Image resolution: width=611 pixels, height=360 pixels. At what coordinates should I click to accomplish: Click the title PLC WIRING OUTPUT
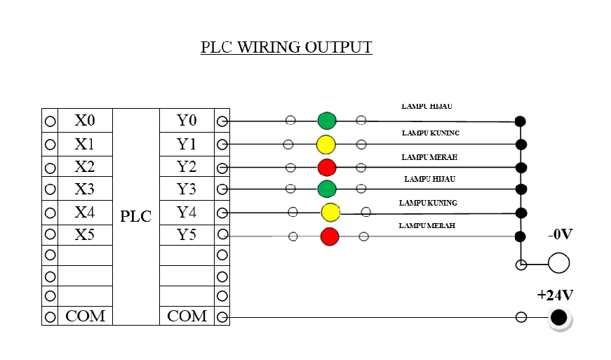(x=286, y=47)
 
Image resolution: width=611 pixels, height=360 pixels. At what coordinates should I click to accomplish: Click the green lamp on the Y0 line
(x=327, y=121)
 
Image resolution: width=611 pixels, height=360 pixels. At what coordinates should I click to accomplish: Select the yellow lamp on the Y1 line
(x=325, y=145)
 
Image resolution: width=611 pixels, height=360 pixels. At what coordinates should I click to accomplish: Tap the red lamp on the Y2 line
(x=327, y=168)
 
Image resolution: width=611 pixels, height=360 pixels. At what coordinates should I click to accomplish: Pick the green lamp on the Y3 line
(x=327, y=189)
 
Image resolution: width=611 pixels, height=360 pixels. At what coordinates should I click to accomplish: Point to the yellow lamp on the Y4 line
(x=330, y=212)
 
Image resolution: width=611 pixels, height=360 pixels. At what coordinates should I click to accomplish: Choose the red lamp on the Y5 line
(x=330, y=236)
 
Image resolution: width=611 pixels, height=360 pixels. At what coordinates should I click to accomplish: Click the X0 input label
(x=84, y=121)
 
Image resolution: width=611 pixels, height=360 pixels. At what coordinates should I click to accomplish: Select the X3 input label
(x=84, y=189)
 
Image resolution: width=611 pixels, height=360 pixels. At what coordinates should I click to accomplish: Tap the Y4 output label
(x=187, y=212)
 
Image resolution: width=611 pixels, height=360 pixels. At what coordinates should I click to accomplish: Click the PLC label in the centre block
(x=135, y=216)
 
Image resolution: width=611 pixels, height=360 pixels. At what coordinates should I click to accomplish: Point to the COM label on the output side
(x=187, y=316)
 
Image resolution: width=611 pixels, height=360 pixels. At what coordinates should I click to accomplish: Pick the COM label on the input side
(x=85, y=316)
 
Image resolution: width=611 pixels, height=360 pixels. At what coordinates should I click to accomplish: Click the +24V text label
(x=556, y=295)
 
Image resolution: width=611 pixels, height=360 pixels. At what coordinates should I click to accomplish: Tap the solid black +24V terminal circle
(x=558, y=317)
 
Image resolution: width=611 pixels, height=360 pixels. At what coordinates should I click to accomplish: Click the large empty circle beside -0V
(x=558, y=263)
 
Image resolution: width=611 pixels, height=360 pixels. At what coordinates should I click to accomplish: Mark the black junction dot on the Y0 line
(x=521, y=121)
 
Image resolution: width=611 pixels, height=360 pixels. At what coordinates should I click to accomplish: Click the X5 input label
(x=84, y=235)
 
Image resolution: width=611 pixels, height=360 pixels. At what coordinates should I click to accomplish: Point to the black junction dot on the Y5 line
(x=521, y=236)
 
